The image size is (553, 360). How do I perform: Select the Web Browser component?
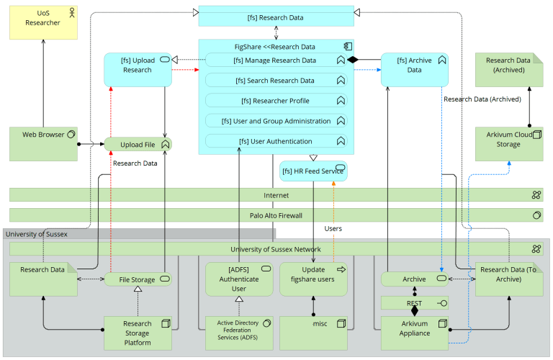[x=43, y=143]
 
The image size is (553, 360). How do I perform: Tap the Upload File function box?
[x=138, y=145]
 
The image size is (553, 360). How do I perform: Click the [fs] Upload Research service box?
[x=138, y=70]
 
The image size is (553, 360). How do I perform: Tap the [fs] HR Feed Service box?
[x=313, y=171]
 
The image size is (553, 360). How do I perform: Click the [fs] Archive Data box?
[x=414, y=70]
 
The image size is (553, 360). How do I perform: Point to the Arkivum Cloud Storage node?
[x=509, y=143]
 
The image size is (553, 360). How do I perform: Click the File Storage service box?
[x=138, y=279]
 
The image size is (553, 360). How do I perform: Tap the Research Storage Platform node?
[x=138, y=333]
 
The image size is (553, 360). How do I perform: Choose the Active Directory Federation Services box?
[x=238, y=333]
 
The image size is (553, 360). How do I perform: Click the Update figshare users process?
[x=313, y=279]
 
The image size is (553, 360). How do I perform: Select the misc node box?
[x=313, y=333]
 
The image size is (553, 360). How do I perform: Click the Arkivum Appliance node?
[x=414, y=333]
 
